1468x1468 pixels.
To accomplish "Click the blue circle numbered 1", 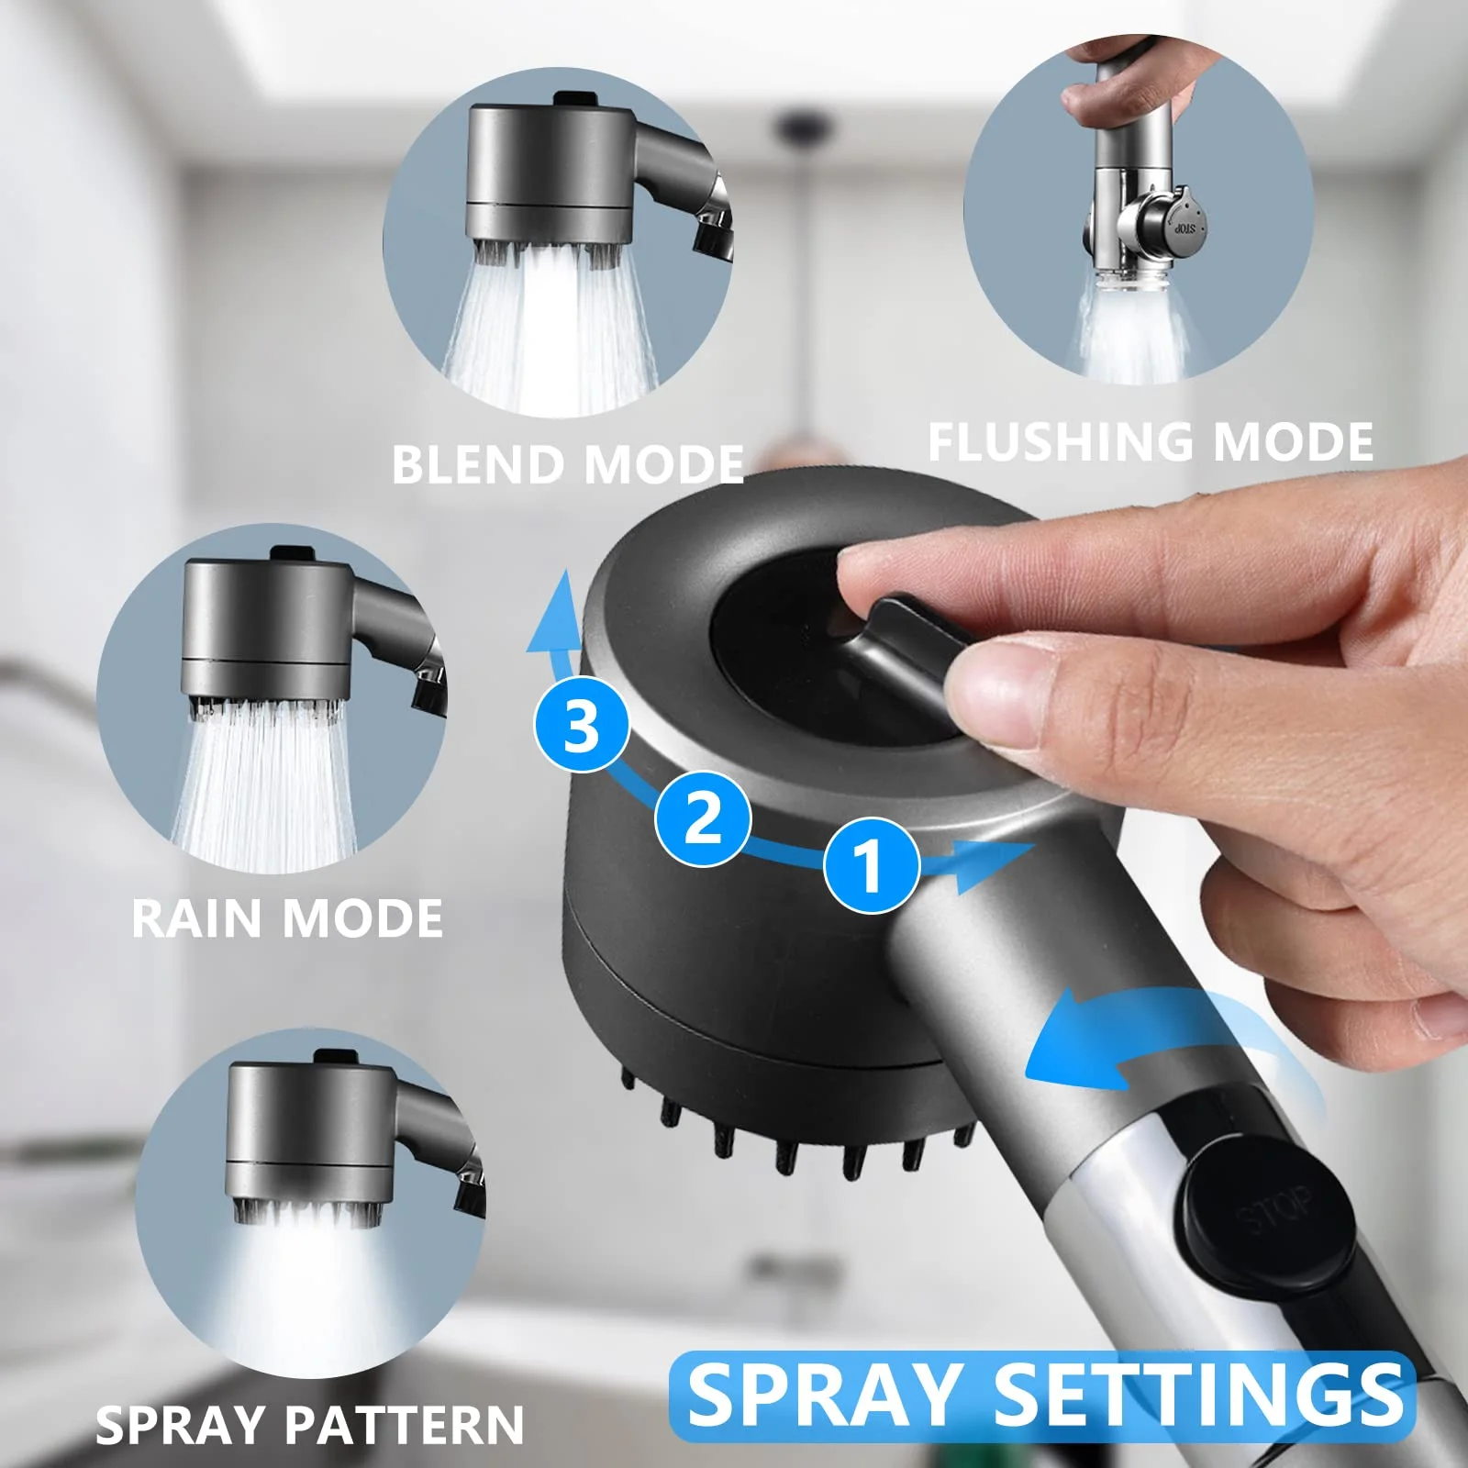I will [x=871, y=865].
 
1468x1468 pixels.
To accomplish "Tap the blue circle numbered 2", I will [x=703, y=817].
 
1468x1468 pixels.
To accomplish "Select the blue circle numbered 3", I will [x=582, y=725].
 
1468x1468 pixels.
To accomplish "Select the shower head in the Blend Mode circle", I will [x=550, y=174].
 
